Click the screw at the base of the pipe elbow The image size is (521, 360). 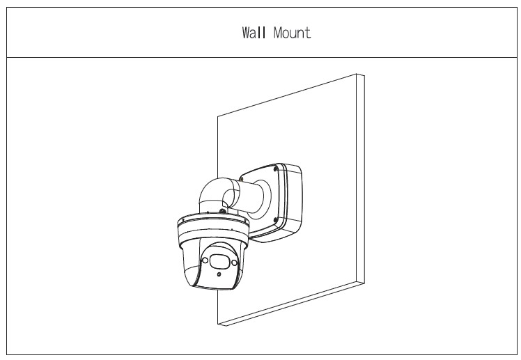tap(221, 210)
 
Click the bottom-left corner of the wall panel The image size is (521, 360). tap(218, 324)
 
